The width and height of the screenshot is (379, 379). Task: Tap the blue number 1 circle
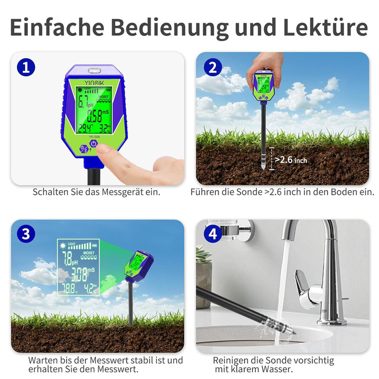(x=26, y=67)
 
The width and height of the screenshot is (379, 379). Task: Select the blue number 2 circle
(x=212, y=67)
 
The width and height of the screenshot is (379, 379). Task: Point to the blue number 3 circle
(x=26, y=233)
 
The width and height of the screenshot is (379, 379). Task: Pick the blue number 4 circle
(x=212, y=233)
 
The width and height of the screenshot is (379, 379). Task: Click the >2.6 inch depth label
(x=291, y=159)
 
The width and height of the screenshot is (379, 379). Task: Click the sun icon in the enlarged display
(x=63, y=245)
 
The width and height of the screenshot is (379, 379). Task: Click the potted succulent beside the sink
(x=203, y=274)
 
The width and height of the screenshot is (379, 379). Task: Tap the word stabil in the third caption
(x=137, y=361)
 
